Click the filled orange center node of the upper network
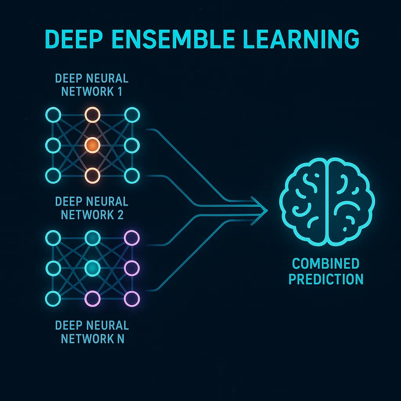click(x=92, y=146)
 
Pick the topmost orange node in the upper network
click(x=92, y=115)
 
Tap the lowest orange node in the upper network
click(x=92, y=175)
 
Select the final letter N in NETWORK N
click(x=120, y=338)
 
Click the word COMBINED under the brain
click(x=325, y=264)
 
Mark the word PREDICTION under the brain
click(x=325, y=279)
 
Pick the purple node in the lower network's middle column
click(x=92, y=298)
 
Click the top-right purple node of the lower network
click(x=131, y=237)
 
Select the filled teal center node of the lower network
click(x=92, y=268)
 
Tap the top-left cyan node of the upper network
click(x=53, y=115)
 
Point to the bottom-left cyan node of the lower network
click(x=53, y=298)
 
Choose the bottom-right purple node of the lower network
click(x=131, y=298)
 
